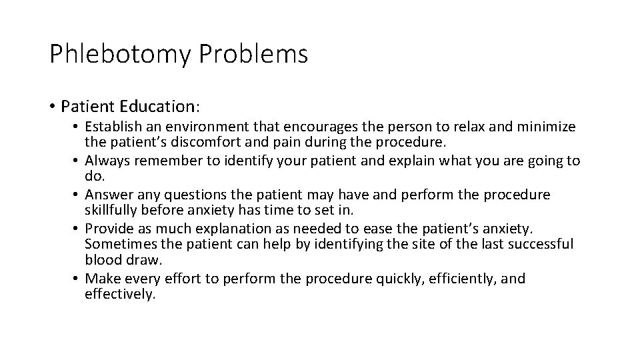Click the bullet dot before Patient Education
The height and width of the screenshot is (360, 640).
pyautogui.click(x=52, y=106)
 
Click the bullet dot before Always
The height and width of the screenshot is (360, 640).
pyautogui.click(x=78, y=161)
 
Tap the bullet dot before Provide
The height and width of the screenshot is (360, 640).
pyautogui.click(x=78, y=227)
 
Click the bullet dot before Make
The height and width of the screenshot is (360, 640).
pyautogui.click(x=78, y=278)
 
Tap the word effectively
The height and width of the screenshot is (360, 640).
pyautogui.click(x=120, y=295)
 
